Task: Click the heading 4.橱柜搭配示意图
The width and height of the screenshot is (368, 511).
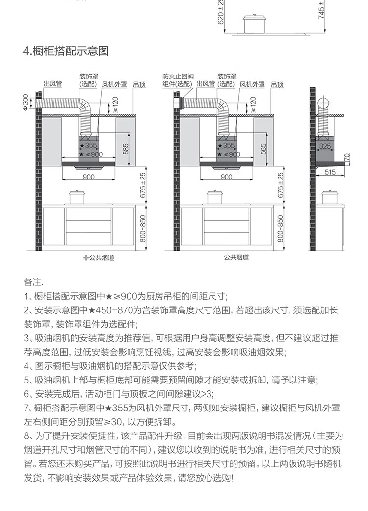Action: pyautogui.click(x=66, y=51)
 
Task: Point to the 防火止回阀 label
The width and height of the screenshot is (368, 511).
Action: pyautogui.click(x=178, y=77)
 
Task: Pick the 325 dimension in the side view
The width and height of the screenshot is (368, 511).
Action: pyautogui.click(x=324, y=146)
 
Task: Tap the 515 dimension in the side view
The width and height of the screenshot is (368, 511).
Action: pyautogui.click(x=330, y=172)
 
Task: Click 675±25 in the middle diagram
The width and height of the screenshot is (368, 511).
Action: pyautogui.click(x=281, y=185)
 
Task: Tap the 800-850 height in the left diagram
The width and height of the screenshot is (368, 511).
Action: pyautogui.click(x=143, y=229)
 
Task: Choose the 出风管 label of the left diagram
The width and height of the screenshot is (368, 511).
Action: pyautogui.click(x=53, y=84)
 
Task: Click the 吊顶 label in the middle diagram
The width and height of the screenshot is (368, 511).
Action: pyautogui.click(x=277, y=84)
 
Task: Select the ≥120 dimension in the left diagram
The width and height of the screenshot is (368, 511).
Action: pyautogui.click(x=115, y=104)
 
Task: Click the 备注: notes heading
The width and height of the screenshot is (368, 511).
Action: pyautogui.click(x=34, y=283)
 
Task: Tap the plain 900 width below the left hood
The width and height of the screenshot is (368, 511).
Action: pyautogui.click(x=88, y=177)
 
